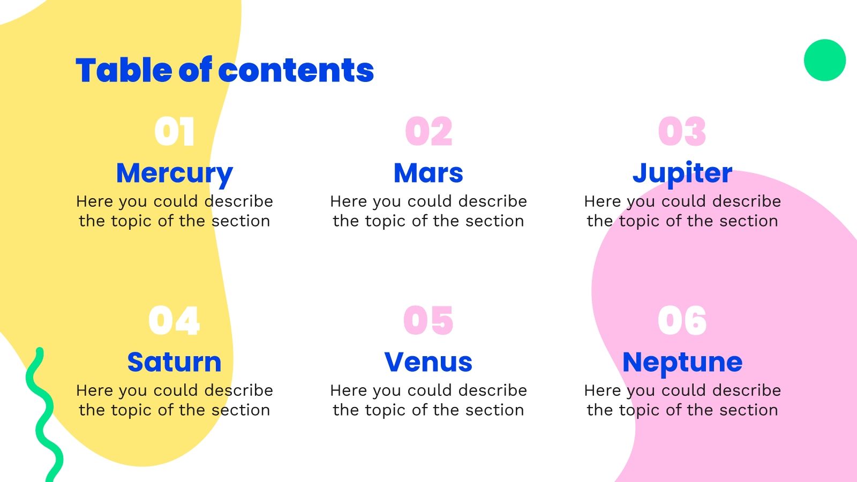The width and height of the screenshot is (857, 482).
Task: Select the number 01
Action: point(174,132)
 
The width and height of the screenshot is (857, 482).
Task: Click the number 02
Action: point(428,132)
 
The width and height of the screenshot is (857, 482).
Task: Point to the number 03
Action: point(682,132)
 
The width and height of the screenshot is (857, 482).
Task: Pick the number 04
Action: point(174,321)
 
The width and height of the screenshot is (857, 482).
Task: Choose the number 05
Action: point(428,321)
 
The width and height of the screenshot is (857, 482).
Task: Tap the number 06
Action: point(682,321)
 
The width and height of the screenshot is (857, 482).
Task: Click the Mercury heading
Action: point(174,174)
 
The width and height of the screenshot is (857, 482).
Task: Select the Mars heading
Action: point(428,172)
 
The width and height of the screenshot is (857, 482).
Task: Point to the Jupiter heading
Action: point(682,174)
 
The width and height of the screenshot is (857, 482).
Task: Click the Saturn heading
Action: point(174,362)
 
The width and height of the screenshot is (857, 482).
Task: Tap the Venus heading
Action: point(428,362)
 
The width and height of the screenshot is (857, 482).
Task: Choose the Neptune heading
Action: point(682,363)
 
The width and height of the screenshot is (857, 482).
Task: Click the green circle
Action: point(825,60)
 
